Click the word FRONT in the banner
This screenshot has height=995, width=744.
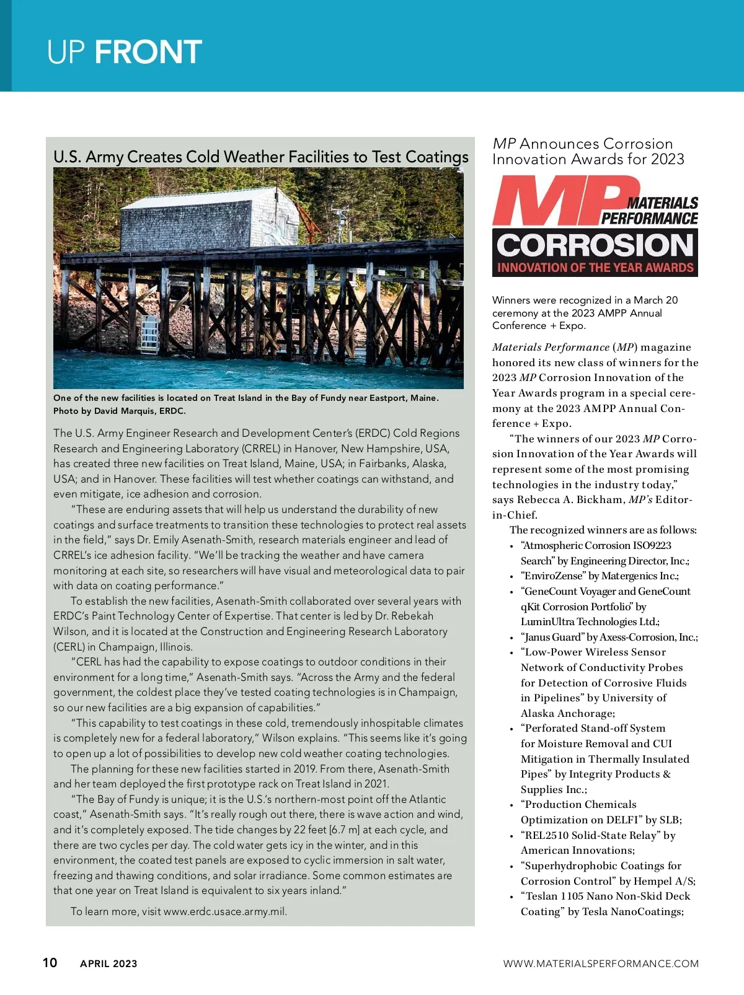(148, 52)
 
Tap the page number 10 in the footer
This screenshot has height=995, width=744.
(50, 962)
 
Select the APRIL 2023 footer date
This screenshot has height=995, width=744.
(108, 963)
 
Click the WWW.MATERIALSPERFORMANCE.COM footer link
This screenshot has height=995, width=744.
(600, 963)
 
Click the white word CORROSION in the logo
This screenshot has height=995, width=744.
(595, 245)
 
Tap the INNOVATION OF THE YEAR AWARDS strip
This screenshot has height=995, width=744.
(595, 268)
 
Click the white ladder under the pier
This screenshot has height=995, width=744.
(149, 334)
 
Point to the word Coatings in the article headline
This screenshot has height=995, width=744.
(436, 157)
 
